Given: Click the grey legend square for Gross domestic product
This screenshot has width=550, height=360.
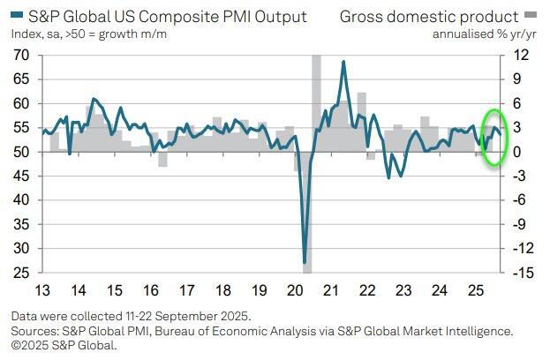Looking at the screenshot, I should [x=530, y=17].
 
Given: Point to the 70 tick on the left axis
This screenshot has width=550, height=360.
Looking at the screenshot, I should [x=21, y=55].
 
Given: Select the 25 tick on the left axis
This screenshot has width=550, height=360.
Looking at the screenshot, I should [x=21, y=273].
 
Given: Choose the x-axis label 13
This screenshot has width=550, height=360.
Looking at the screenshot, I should [x=42, y=290].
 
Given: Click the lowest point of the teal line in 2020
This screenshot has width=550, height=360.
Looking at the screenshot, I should [x=305, y=261].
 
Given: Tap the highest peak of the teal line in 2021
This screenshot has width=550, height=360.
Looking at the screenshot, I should [x=343, y=62].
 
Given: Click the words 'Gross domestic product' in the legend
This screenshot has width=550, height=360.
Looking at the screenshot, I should [x=429, y=17].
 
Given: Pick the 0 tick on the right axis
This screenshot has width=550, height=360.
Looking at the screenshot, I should [x=518, y=152].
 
